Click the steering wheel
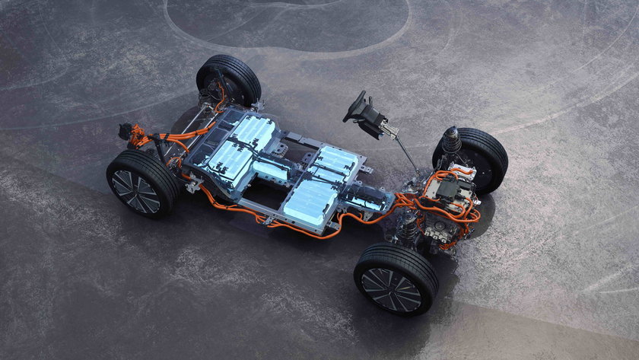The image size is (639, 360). tap(355, 107)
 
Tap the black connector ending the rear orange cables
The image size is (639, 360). tap(125, 131)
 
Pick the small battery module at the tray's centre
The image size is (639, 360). tap(271, 170)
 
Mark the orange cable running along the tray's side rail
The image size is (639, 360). tap(304, 231)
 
